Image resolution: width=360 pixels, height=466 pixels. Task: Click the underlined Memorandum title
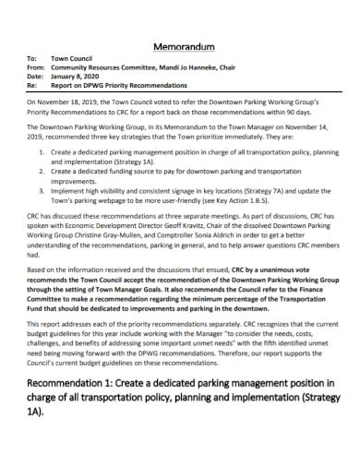(180, 46)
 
